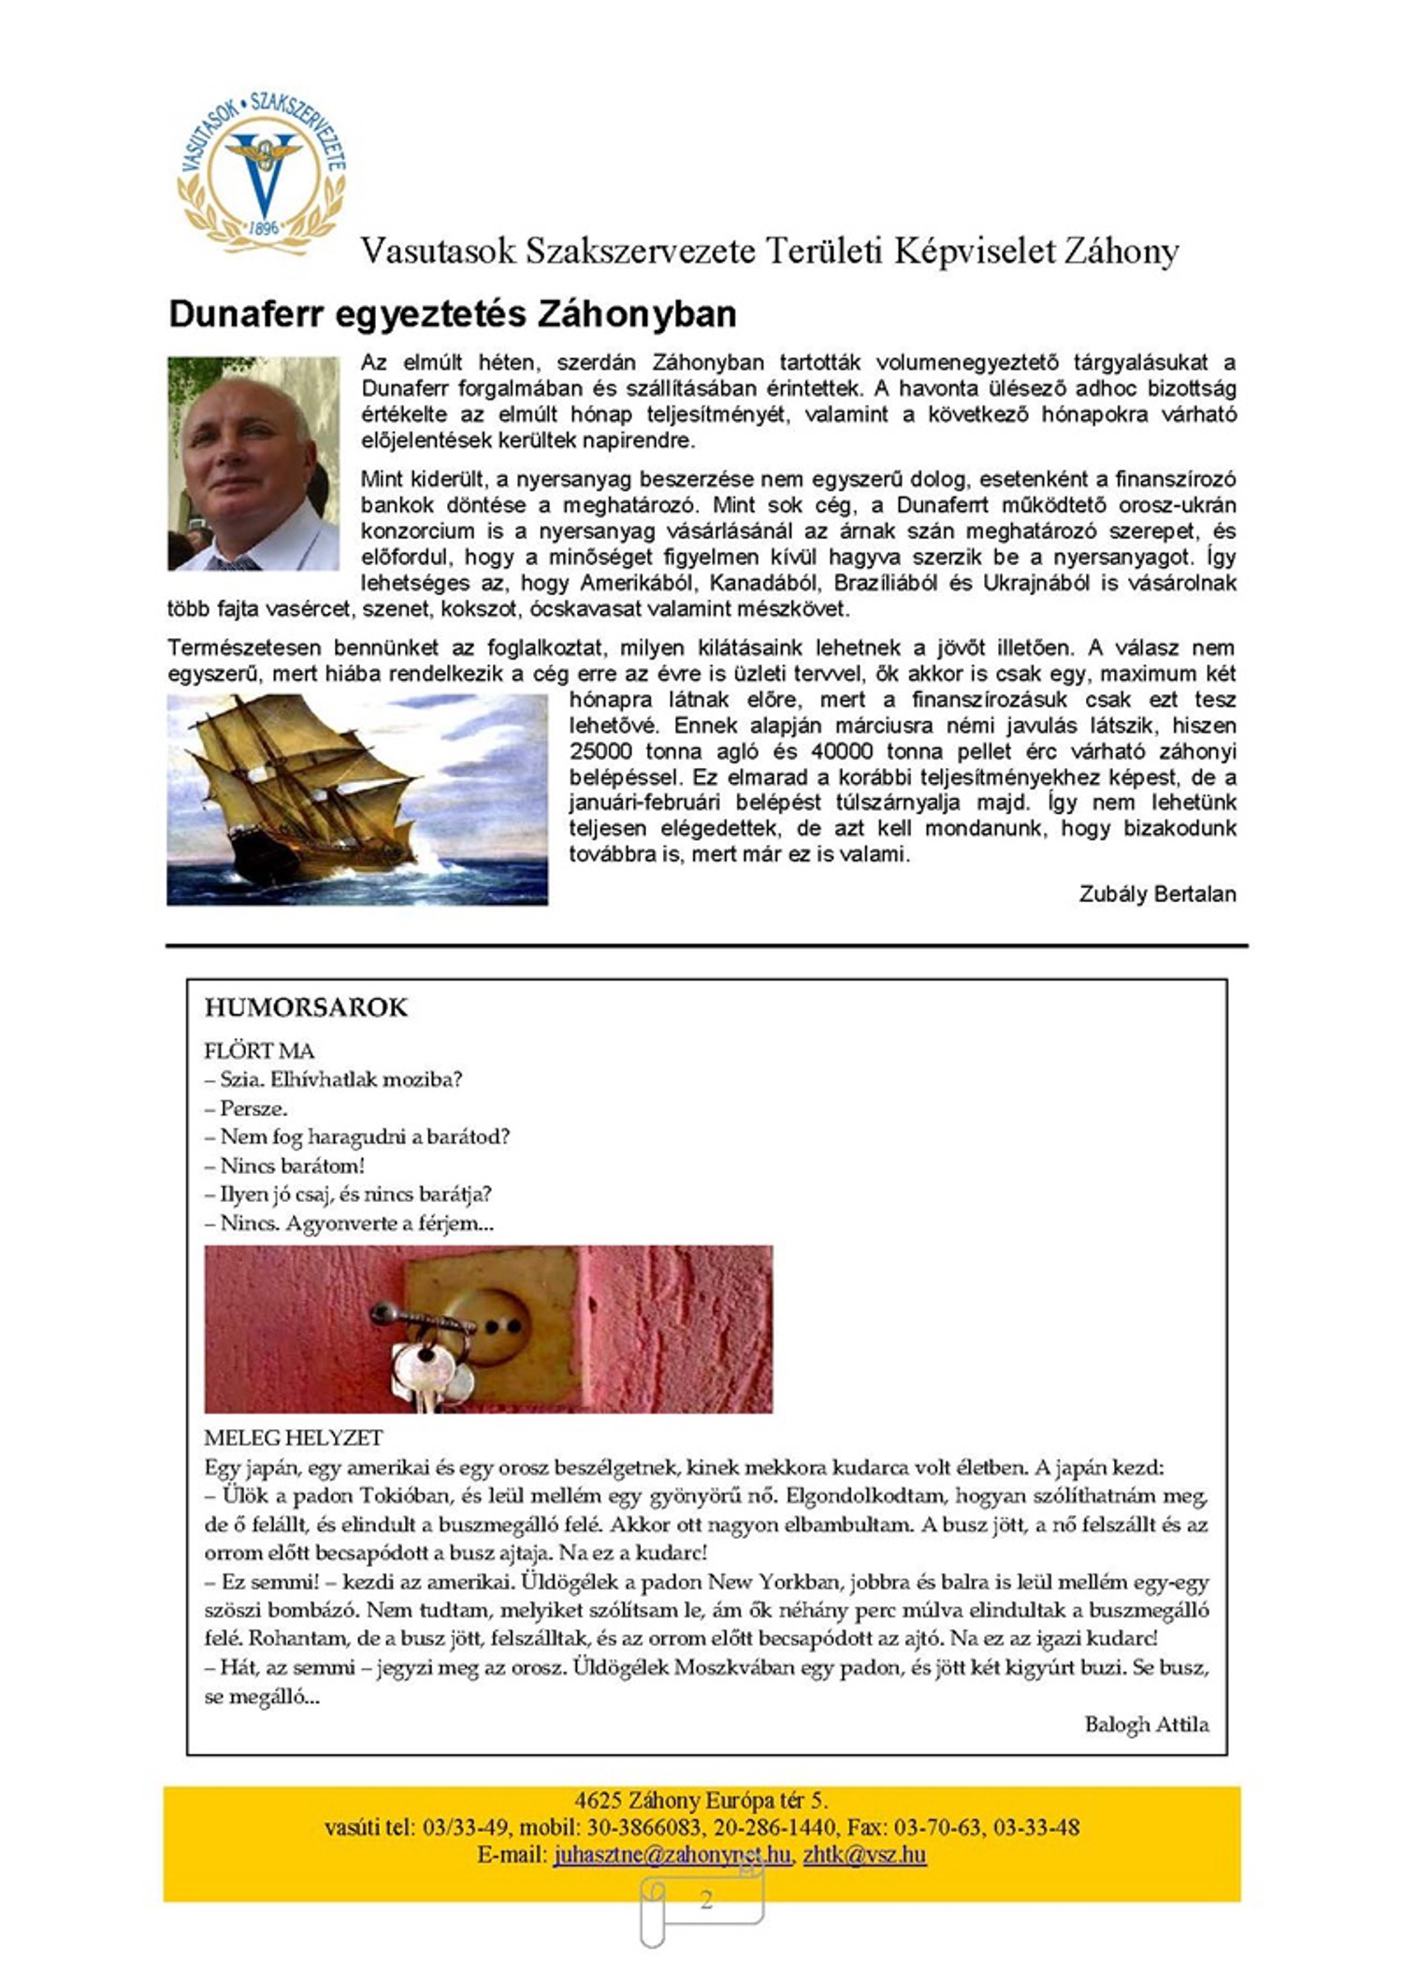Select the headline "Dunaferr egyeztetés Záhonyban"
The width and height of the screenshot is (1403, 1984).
click(x=452, y=314)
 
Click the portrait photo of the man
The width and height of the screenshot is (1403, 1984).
click(x=253, y=463)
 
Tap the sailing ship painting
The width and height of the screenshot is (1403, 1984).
click(x=356, y=800)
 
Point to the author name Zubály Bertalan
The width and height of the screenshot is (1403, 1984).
click(x=1157, y=893)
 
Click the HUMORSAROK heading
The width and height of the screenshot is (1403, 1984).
click(x=306, y=1007)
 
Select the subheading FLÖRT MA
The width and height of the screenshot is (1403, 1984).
click(x=259, y=1050)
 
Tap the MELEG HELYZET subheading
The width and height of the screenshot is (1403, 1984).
click(x=294, y=1438)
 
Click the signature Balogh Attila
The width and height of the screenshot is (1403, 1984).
click(x=1146, y=1724)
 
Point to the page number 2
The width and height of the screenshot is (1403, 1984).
click(x=706, y=1900)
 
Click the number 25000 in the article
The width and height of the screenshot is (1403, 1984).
click(x=600, y=751)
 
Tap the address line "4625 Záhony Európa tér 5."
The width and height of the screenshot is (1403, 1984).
click(x=701, y=1800)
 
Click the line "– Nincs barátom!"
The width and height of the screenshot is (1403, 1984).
click(x=284, y=1166)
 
